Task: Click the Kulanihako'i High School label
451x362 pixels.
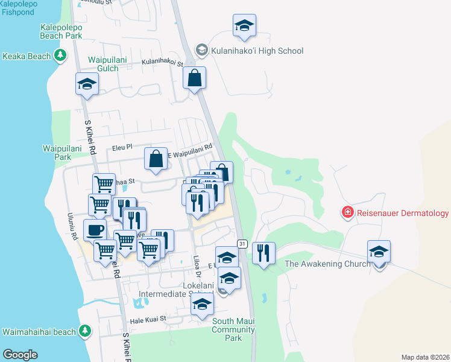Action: tap(257, 51)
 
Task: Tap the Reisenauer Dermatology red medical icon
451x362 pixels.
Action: tap(347, 212)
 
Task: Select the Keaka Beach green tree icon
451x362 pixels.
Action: tap(60, 56)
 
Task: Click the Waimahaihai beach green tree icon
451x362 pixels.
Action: tap(85, 331)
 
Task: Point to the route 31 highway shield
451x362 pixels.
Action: tap(242, 243)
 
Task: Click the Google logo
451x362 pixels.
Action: tap(20, 355)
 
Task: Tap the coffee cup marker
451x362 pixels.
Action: tap(94, 229)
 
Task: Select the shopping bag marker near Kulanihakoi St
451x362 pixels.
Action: tap(194, 78)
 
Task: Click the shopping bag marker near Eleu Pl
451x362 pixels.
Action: tap(156, 159)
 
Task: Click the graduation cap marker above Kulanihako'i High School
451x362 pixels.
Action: tap(244, 25)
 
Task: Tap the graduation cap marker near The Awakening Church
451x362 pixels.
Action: tap(379, 251)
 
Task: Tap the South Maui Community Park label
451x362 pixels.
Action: tap(233, 329)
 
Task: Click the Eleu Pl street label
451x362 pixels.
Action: tap(122, 147)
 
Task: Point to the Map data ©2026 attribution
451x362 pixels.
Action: tap(424, 357)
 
